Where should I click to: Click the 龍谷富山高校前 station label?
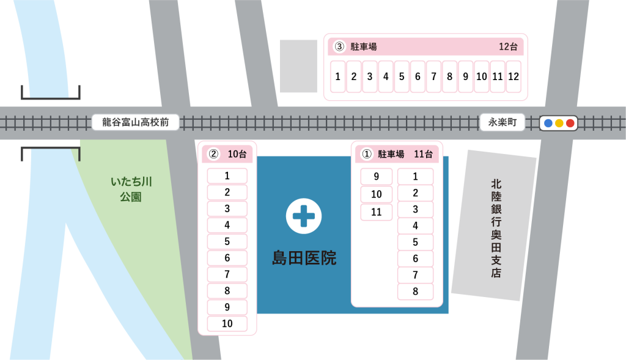click(x=135, y=122)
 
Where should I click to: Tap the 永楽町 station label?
click(x=503, y=122)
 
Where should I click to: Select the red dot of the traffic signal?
click(x=570, y=123)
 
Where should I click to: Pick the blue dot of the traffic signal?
click(x=548, y=123)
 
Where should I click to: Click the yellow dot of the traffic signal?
click(x=559, y=123)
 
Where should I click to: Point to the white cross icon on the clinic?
click(x=304, y=216)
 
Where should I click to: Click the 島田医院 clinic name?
click(x=304, y=258)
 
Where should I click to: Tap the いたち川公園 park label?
click(x=131, y=189)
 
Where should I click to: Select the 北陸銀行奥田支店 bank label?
click(x=496, y=228)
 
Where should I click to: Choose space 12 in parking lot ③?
click(x=514, y=76)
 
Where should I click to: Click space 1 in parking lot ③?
click(x=337, y=76)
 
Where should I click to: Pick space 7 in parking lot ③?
click(x=433, y=76)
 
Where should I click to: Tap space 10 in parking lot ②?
click(x=227, y=324)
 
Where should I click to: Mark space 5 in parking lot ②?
click(x=227, y=241)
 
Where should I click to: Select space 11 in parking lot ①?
click(x=377, y=212)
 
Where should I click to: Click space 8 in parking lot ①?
click(x=415, y=292)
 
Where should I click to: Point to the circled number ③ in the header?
click(x=339, y=46)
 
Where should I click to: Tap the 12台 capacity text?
click(x=508, y=46)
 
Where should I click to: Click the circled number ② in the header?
click(x=213, y=154)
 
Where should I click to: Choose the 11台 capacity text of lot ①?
click(x=423, y=154)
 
